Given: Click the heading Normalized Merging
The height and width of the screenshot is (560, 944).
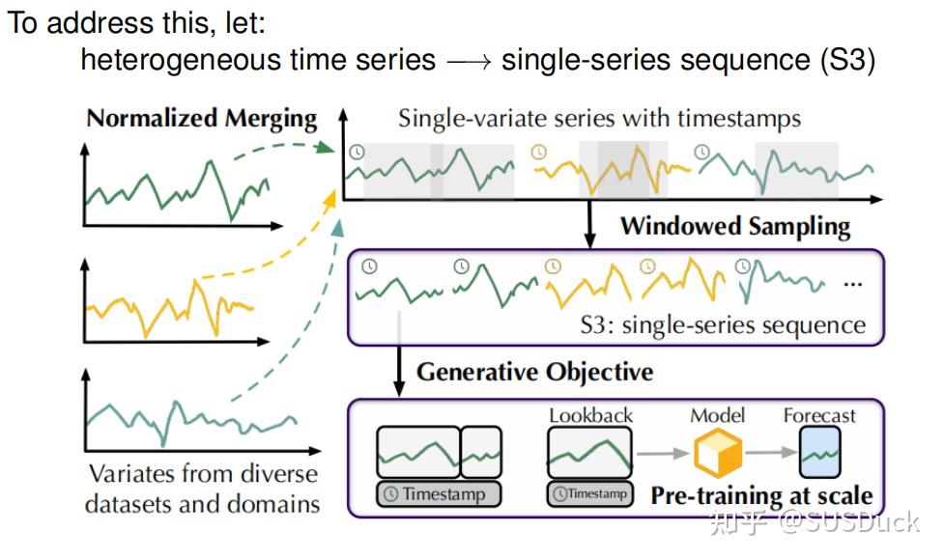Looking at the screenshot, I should click(202, 119).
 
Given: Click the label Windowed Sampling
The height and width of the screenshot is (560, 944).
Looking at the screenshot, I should click(734, 226).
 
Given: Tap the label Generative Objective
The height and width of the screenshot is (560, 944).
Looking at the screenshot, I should click(534, 372).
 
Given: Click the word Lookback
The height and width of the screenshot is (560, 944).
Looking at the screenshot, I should click(590, 415).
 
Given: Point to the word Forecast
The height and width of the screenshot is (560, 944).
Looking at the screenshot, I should click(819, 415).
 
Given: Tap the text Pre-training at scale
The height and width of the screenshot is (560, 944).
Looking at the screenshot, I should click(761, 496).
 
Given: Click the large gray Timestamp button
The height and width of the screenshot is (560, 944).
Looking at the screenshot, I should click(440, 494).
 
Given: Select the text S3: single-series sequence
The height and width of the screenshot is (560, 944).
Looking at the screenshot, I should click(723, 324).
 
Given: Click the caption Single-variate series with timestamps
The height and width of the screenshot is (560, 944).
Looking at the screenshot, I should click(599, 119).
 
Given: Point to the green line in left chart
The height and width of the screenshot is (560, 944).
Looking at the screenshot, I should click(174, 188).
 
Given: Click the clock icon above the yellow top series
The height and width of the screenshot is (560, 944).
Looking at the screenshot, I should click(539, 152).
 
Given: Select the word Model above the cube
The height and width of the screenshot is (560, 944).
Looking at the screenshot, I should click(717, 415).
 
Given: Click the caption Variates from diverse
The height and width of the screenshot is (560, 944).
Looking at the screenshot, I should click(202, 474).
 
